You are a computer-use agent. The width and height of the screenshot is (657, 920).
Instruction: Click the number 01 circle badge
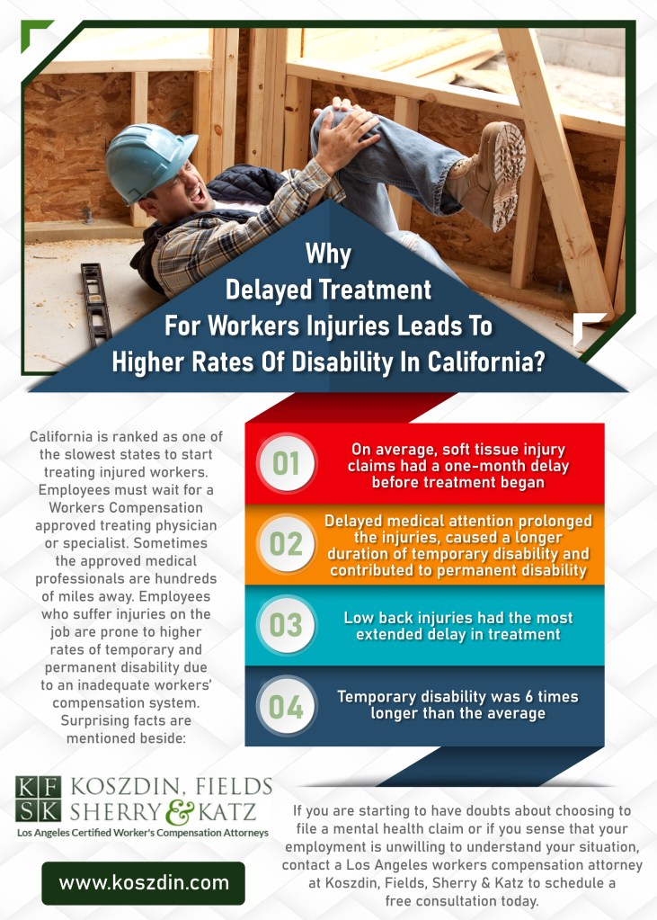(x=286, y=464)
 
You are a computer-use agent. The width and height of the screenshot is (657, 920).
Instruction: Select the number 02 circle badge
(x=286, y=545)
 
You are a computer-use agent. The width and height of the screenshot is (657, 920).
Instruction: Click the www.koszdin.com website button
(x=144, y=882)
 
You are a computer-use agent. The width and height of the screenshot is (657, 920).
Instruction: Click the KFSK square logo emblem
(x=39, y=799)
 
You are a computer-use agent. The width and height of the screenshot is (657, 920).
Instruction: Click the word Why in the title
(x=328, y=254)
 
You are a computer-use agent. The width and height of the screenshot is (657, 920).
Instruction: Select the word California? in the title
(x=489, y=363)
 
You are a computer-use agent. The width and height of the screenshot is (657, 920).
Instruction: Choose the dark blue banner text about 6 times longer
(x=458, y=704)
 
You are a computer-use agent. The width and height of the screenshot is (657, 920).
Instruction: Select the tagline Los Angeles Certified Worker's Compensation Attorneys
(x=143, y=834)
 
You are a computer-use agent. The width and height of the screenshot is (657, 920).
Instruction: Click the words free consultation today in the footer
(x=464, y=900)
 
